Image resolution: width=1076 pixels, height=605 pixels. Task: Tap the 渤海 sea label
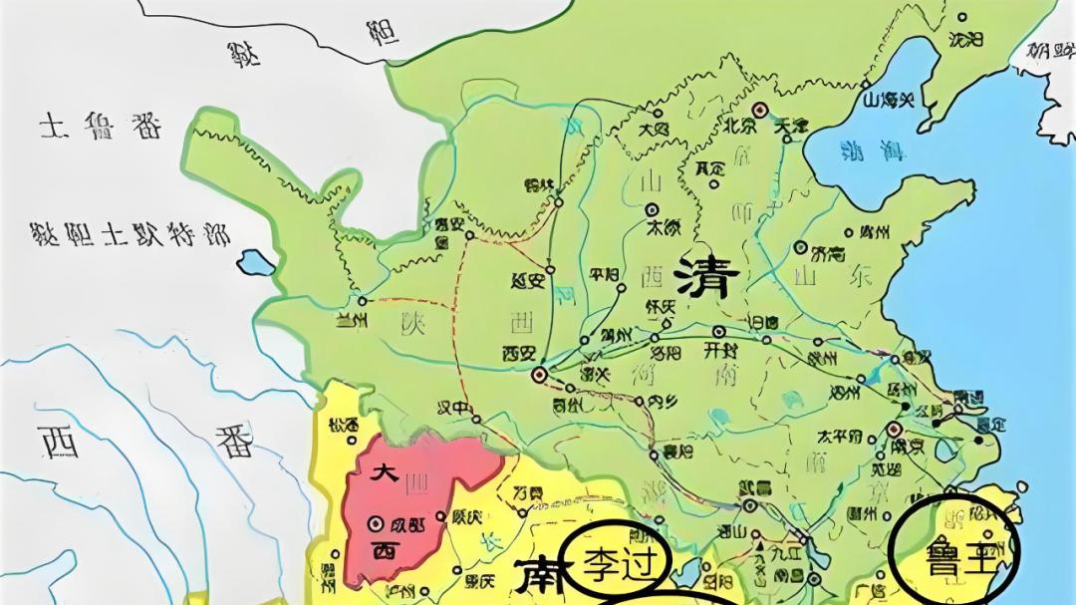pos(872,151)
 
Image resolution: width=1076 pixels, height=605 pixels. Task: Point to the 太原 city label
pos(664,226)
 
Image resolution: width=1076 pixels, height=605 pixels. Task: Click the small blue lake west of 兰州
pos(256,263)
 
